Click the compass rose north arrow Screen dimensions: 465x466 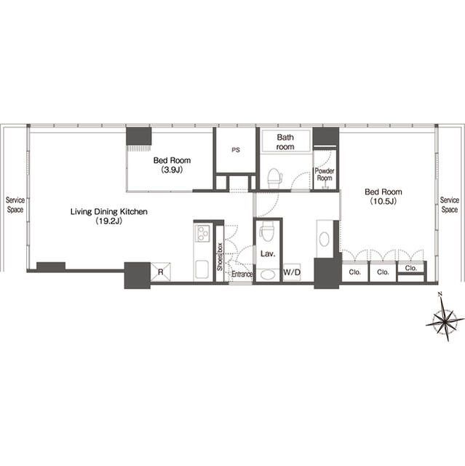(x=445, y=321)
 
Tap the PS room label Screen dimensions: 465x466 (x=236, y=150)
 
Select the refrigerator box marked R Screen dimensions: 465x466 (x=161, y=272)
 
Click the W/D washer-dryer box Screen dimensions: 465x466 (x=292, y=272)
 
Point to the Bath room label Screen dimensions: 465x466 (x=285, y=142)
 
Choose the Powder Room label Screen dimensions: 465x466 (x=325, y=175)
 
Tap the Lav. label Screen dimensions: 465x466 (x=268, y=254)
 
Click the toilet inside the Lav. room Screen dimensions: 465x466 (x=267, y=232)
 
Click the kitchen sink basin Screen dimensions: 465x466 (x=202, y=269)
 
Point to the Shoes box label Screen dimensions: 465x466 (x=220, y=257)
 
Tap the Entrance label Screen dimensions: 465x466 (x=242, y=274)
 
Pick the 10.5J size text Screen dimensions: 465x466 (x=383, y=202)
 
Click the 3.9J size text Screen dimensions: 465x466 (x=172, y=170)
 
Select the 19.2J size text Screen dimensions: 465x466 (x=109, y=221)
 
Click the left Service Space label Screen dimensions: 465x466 (x=15, y=205)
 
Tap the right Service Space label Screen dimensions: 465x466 (x=450, y=205)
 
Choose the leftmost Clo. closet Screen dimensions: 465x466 (x=355, y=272)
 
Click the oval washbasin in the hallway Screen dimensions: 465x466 (x=324, y=239)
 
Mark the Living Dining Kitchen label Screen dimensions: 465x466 (x=109, y=212)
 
